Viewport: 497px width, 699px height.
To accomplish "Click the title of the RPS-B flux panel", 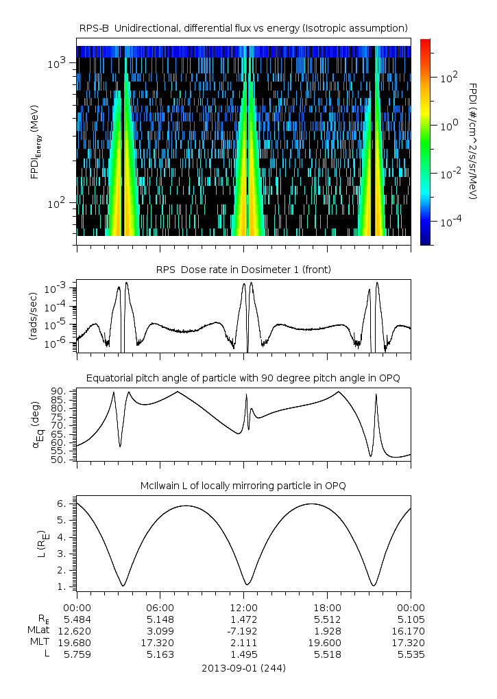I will pyautogui.click(x=243, y=27).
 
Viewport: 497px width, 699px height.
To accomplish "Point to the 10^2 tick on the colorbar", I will pyautogui.click(x=446, y=78).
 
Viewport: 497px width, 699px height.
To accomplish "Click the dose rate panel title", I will pyautogui.click(x=243, y=270).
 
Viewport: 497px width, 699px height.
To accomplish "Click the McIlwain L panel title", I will pyautogui.click(x=243, y=486).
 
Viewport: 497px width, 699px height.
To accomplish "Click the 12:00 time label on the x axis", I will pyautogui.click(x=244, y=608).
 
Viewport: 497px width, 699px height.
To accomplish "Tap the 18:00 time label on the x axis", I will pyautogui.click(x=327, y=608).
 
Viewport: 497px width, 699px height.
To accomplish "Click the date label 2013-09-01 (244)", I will pyautogui.click(x=243, y=667).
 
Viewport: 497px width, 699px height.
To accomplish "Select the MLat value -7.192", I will pyautogui.click(x=244, y=631).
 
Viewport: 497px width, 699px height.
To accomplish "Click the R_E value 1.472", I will pyautogui.click(x=244, y=619).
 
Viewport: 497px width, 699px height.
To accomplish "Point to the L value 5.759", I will pyautogui.click(x=77, y=654).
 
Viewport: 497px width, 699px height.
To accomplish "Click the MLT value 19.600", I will pyautogui.click(x=327, y=643).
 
